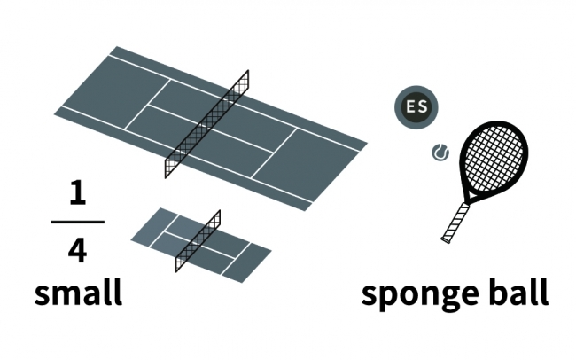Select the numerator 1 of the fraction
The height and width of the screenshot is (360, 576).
point(77,194)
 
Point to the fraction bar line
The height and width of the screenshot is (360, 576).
point(77,222)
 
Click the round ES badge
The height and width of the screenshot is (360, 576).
point(416,107)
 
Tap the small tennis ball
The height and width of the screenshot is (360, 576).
point(440,153)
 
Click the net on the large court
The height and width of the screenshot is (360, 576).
point(206,124)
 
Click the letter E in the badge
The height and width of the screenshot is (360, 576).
point(409,107)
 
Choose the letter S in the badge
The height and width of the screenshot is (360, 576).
point(423,107)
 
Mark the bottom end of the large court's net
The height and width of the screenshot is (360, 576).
point(167,176)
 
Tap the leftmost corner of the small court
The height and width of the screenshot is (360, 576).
point(132,238)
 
